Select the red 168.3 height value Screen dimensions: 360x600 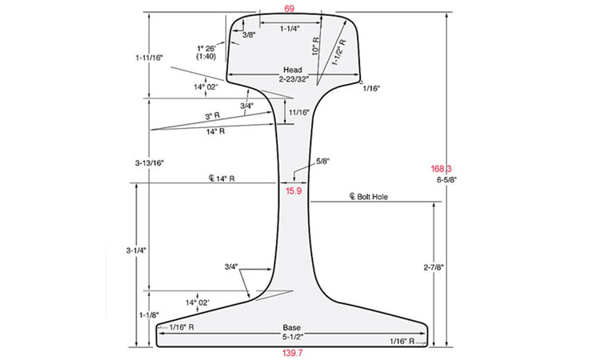441,169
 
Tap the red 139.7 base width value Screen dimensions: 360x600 292,352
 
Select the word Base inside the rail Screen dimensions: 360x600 292,328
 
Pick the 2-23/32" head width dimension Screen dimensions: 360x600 292,79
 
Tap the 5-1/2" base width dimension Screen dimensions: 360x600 292,338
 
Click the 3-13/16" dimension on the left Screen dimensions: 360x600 150,162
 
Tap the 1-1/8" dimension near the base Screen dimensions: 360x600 148,314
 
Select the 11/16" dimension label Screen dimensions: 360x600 298,112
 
